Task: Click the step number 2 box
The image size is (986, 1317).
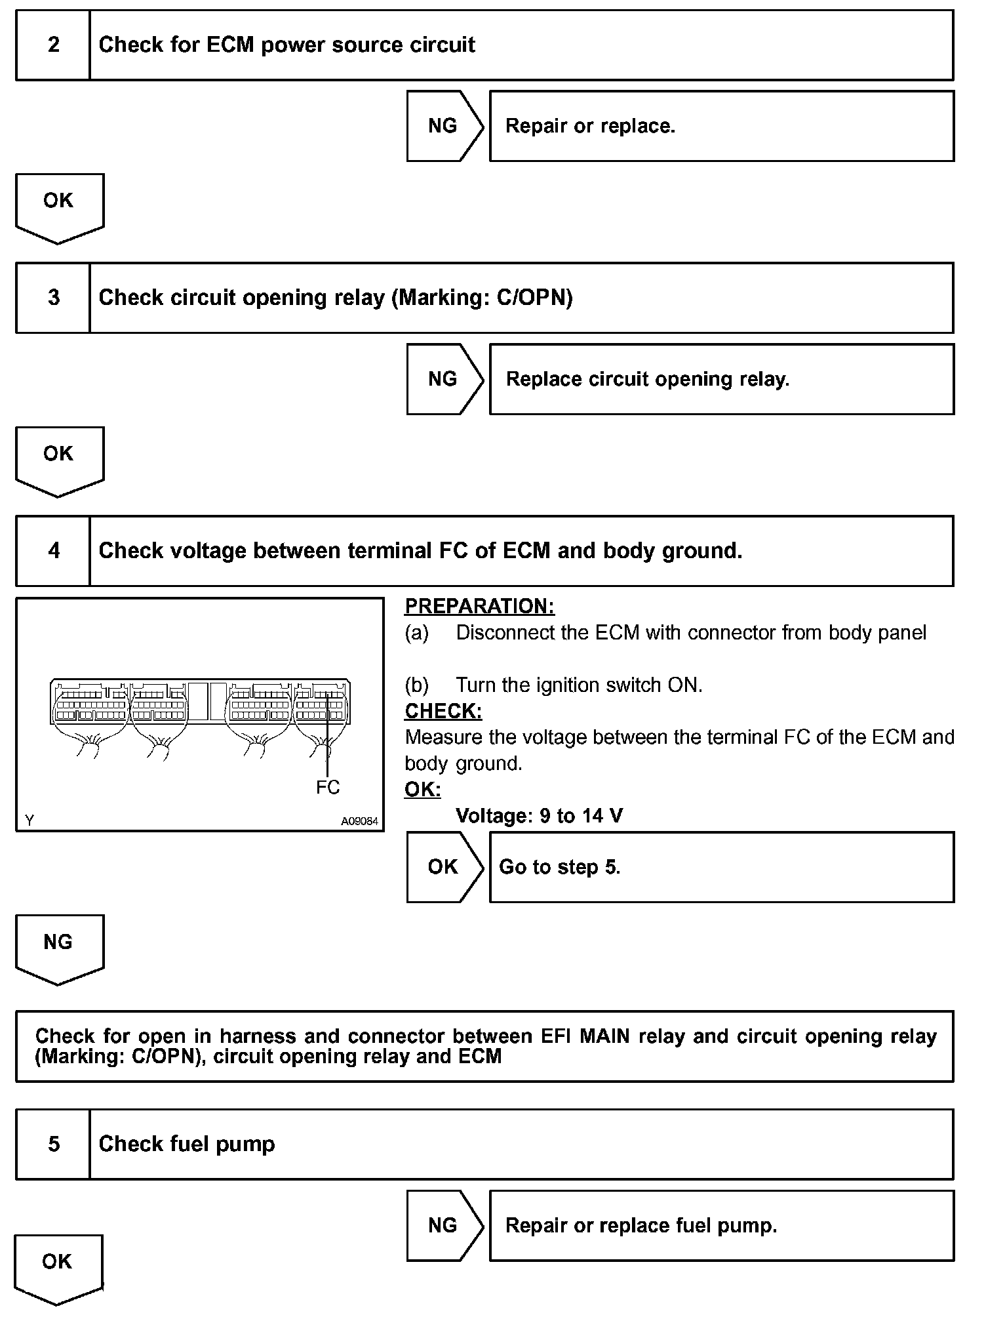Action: tap(53, 45)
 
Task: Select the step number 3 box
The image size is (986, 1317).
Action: tap(53, 298)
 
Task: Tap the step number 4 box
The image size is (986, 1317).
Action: tap(53, 551)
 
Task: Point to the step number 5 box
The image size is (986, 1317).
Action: tap(53, 1145)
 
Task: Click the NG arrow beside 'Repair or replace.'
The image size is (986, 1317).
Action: tap(443, 126)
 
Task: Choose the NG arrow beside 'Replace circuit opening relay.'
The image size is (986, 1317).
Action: tap(443, 379)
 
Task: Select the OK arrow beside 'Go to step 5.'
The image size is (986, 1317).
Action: tap(443, 867)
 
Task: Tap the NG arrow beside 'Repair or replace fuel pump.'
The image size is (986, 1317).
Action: tap(443, 1225)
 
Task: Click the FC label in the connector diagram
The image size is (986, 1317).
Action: tap(328, 787)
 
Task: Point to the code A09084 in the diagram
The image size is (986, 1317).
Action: tap(359, 821)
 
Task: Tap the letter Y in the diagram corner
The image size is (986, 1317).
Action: tap(30, 821)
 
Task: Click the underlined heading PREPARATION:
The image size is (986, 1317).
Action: tap(479, 607)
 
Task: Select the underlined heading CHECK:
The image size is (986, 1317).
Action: tap(443, 711)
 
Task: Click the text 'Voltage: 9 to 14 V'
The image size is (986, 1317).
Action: tap(539, 816)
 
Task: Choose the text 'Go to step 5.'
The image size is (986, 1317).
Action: tap(559, 867)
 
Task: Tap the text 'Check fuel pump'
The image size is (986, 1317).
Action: tap(187, 1145)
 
